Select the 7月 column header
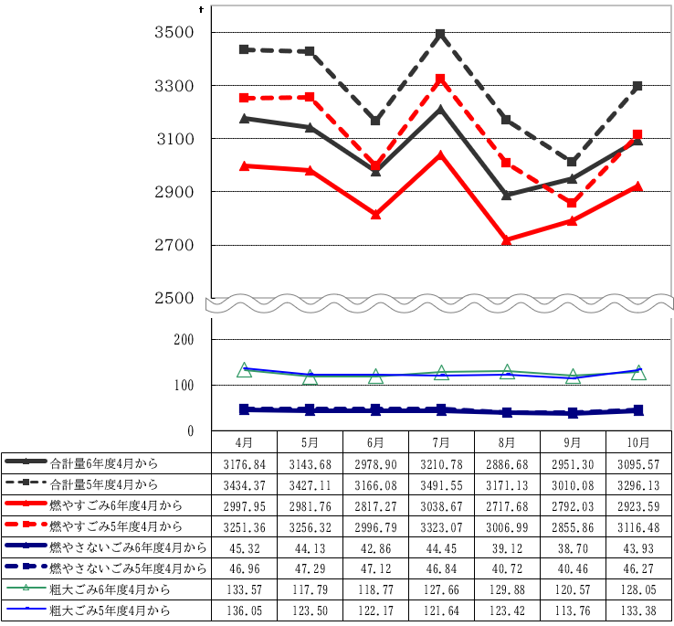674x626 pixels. pos(441,441)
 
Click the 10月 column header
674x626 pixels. pos(638,441)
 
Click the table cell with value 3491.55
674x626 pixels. pos(441,483)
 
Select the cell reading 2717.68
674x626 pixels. pos(507,504)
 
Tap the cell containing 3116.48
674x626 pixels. pos(638,525)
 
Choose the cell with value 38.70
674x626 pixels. pos(573,546)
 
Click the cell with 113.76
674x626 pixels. pos(573,610)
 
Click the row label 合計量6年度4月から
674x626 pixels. pos(104,462)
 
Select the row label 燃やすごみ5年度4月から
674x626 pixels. pos(115,525)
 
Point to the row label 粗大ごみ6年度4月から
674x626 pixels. pos(115,589)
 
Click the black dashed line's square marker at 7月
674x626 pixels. pos(441,34)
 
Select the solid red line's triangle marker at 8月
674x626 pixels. pos(507,240)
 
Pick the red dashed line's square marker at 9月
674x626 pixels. pos(573,203)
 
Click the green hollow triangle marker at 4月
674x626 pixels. pos(244,370)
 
